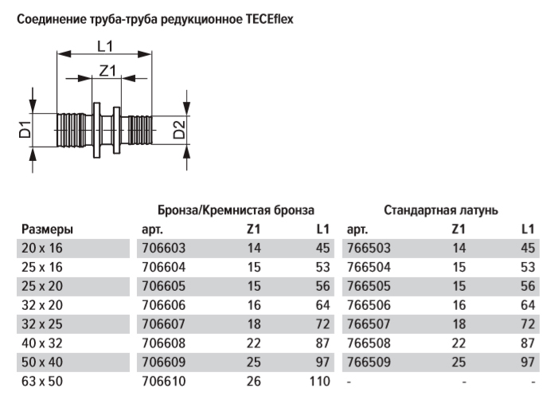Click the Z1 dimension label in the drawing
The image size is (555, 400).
pos(107,71)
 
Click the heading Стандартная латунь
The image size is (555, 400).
pos(441,211)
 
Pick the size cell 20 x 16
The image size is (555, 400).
pos(40,249)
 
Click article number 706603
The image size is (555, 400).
pos(160,249)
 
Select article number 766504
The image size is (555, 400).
pos(368,267)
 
